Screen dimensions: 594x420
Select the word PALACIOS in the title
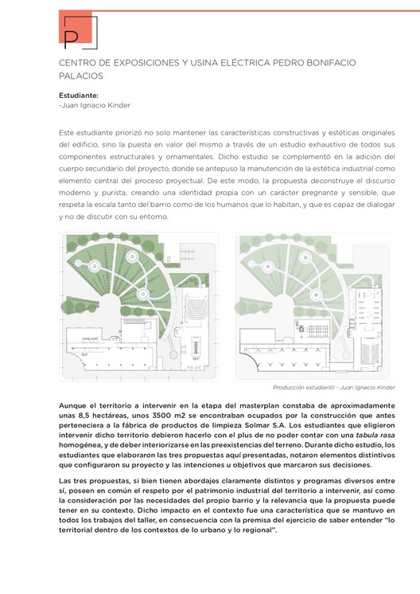click(x=81, y=76)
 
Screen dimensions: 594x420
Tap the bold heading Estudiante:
click(x=79, y=95)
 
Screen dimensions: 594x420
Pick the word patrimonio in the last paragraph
click(x=220, y=494)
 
